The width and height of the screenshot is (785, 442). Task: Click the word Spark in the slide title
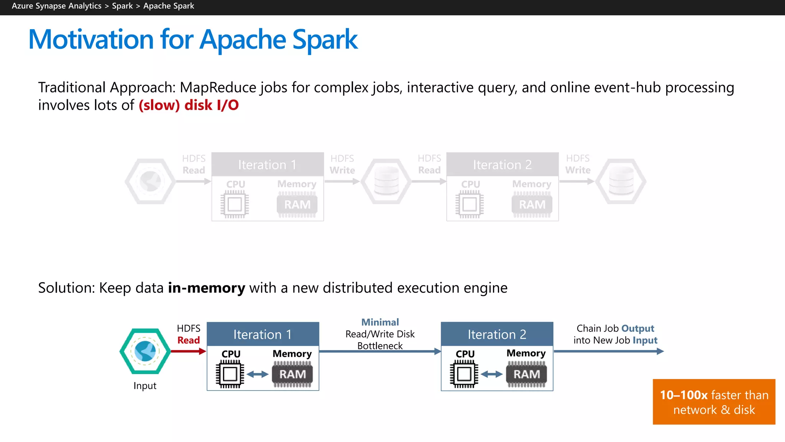click(325, 40)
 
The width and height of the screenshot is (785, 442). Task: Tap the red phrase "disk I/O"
click(212, 105)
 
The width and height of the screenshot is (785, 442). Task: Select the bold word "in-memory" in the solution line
click(206, 288)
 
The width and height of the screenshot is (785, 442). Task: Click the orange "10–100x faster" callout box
click(714, 402)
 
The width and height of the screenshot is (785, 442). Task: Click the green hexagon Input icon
click(145, 351)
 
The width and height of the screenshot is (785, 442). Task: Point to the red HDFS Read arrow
click(188, 351)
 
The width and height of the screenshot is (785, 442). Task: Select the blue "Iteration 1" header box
click(263, 334)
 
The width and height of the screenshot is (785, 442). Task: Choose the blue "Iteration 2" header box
click(497, 334)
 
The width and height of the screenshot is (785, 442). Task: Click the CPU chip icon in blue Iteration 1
click(230, 374)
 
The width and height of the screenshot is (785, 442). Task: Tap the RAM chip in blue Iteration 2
click(526, 374)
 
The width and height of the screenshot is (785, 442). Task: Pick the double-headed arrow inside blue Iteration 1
click(258, 374)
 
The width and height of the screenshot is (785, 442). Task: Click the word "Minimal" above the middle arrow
click(380, 322)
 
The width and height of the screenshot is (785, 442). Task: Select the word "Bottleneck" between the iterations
click(380, 346)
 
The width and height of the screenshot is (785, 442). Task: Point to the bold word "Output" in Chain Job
click(637, 328)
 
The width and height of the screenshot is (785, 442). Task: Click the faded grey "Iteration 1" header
click(267, 165)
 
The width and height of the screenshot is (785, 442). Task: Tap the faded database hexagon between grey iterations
click(386, 181)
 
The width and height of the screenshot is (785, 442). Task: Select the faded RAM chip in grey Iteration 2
click(532, 205)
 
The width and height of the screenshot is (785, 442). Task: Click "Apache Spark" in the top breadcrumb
click(169, 6)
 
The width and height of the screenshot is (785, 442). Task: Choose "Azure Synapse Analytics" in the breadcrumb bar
click(57, 6)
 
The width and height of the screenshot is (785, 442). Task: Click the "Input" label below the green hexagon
click(145, 386)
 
